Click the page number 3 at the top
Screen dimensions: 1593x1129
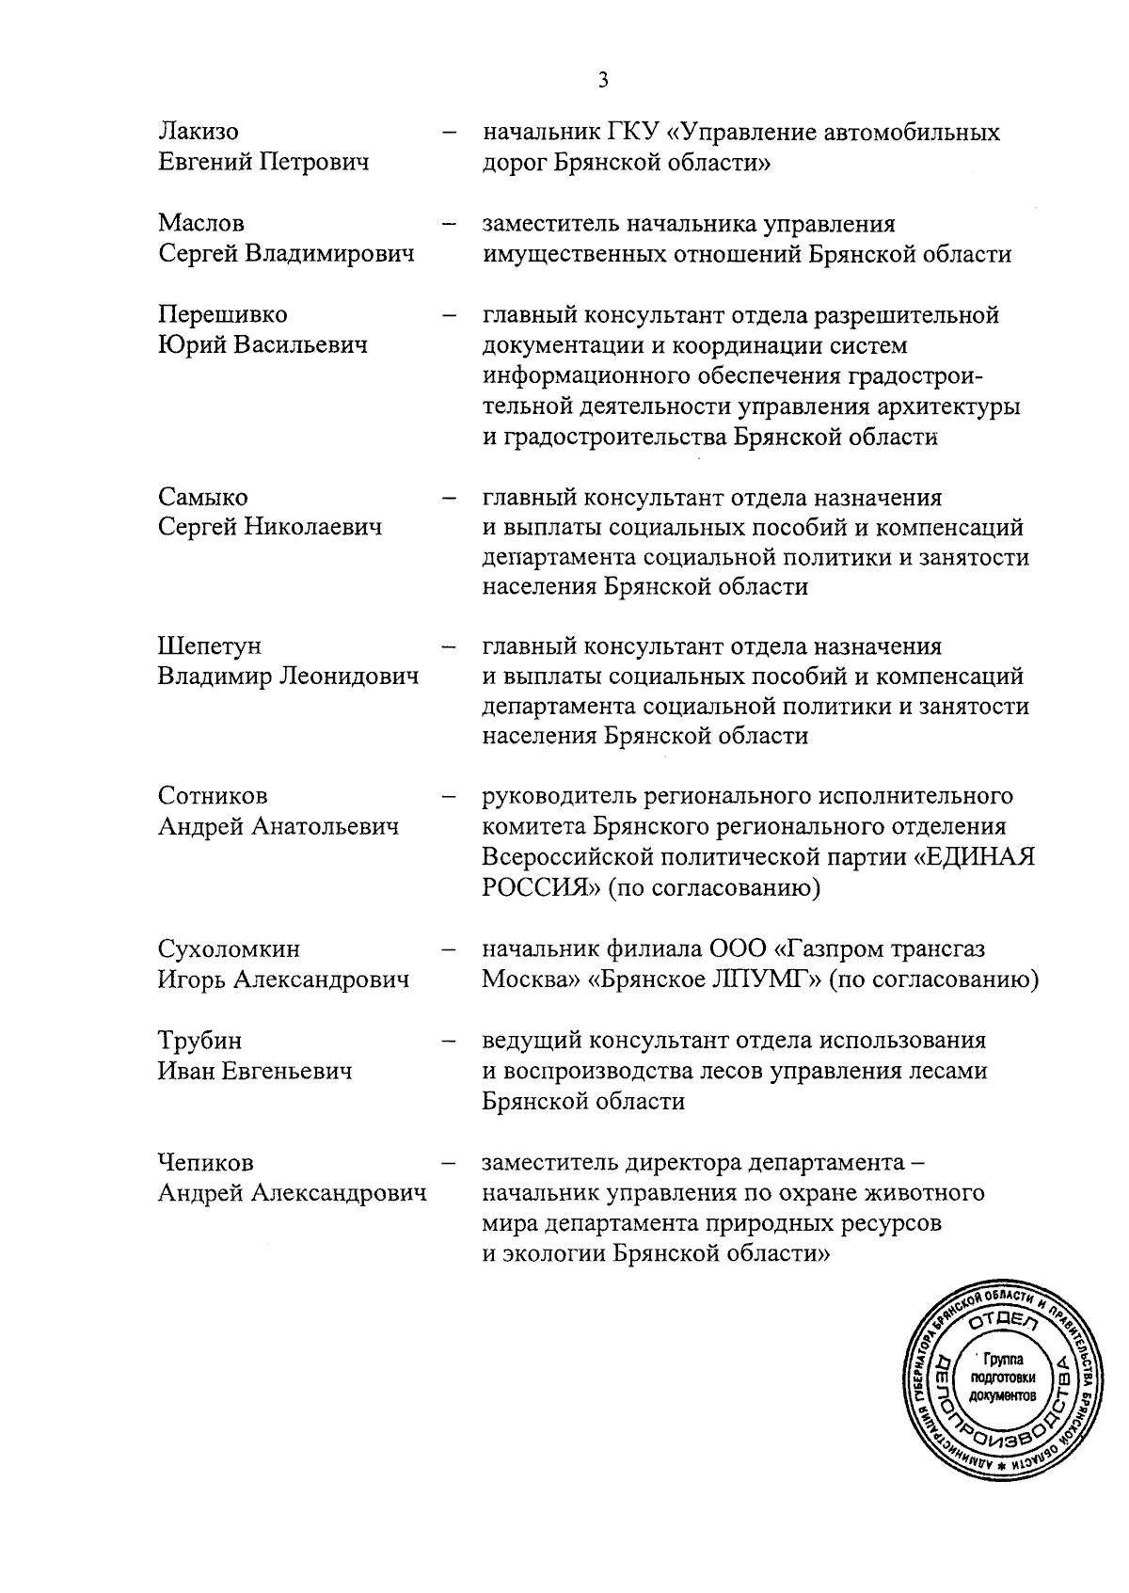603,80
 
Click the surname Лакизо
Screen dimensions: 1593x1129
198,132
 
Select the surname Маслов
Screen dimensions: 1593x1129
200,224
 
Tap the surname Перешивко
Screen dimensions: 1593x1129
222,314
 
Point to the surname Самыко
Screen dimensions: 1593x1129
202,497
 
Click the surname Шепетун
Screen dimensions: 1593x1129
209,646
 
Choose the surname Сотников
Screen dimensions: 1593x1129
213,796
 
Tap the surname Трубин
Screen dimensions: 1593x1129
199,1041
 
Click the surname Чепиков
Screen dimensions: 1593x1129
205,1163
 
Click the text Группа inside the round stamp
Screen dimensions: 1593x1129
1008,1359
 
